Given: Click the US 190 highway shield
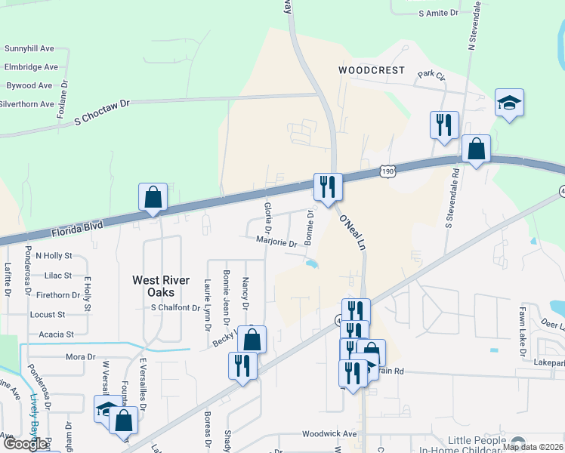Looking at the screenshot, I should pos(387,172).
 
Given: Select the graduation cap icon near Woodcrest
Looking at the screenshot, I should pos(509,103).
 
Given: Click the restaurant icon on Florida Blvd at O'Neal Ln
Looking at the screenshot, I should pos(328,186).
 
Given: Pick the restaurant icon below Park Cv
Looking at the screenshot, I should pos(443,124).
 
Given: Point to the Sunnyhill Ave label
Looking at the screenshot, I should pos(29,48).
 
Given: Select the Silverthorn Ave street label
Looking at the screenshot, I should pos(26,104).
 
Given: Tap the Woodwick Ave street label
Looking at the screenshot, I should pos(329,434).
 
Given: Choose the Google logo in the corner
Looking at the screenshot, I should pos(25,443).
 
